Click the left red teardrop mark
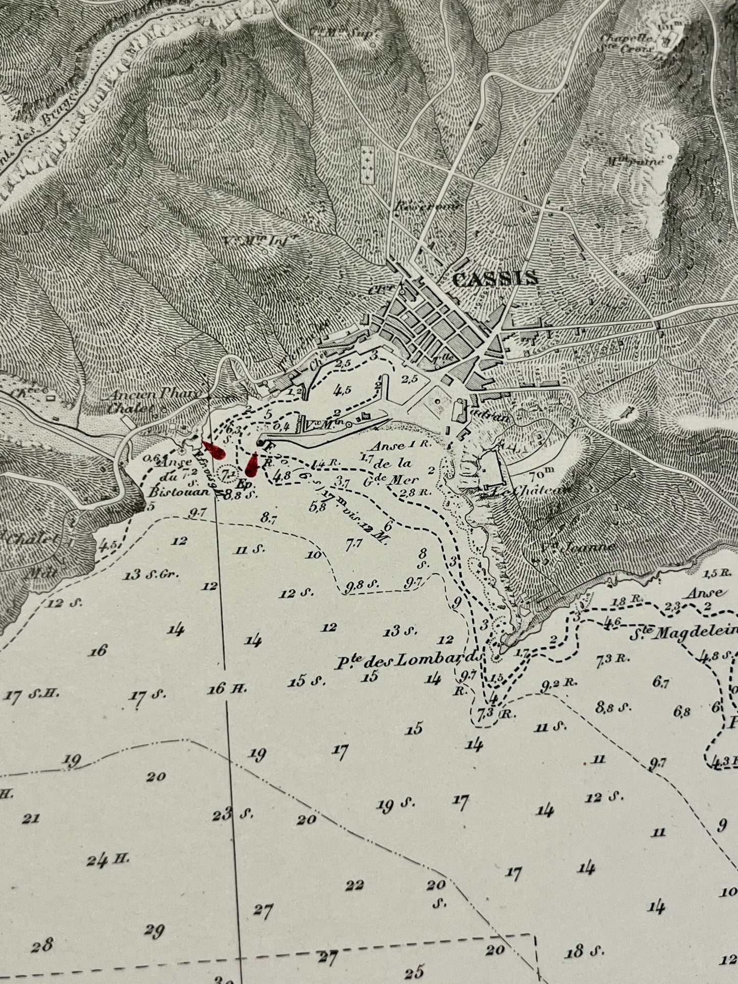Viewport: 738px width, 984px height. [x=215, y=450]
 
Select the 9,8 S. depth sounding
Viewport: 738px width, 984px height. [x=362, y=586]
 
